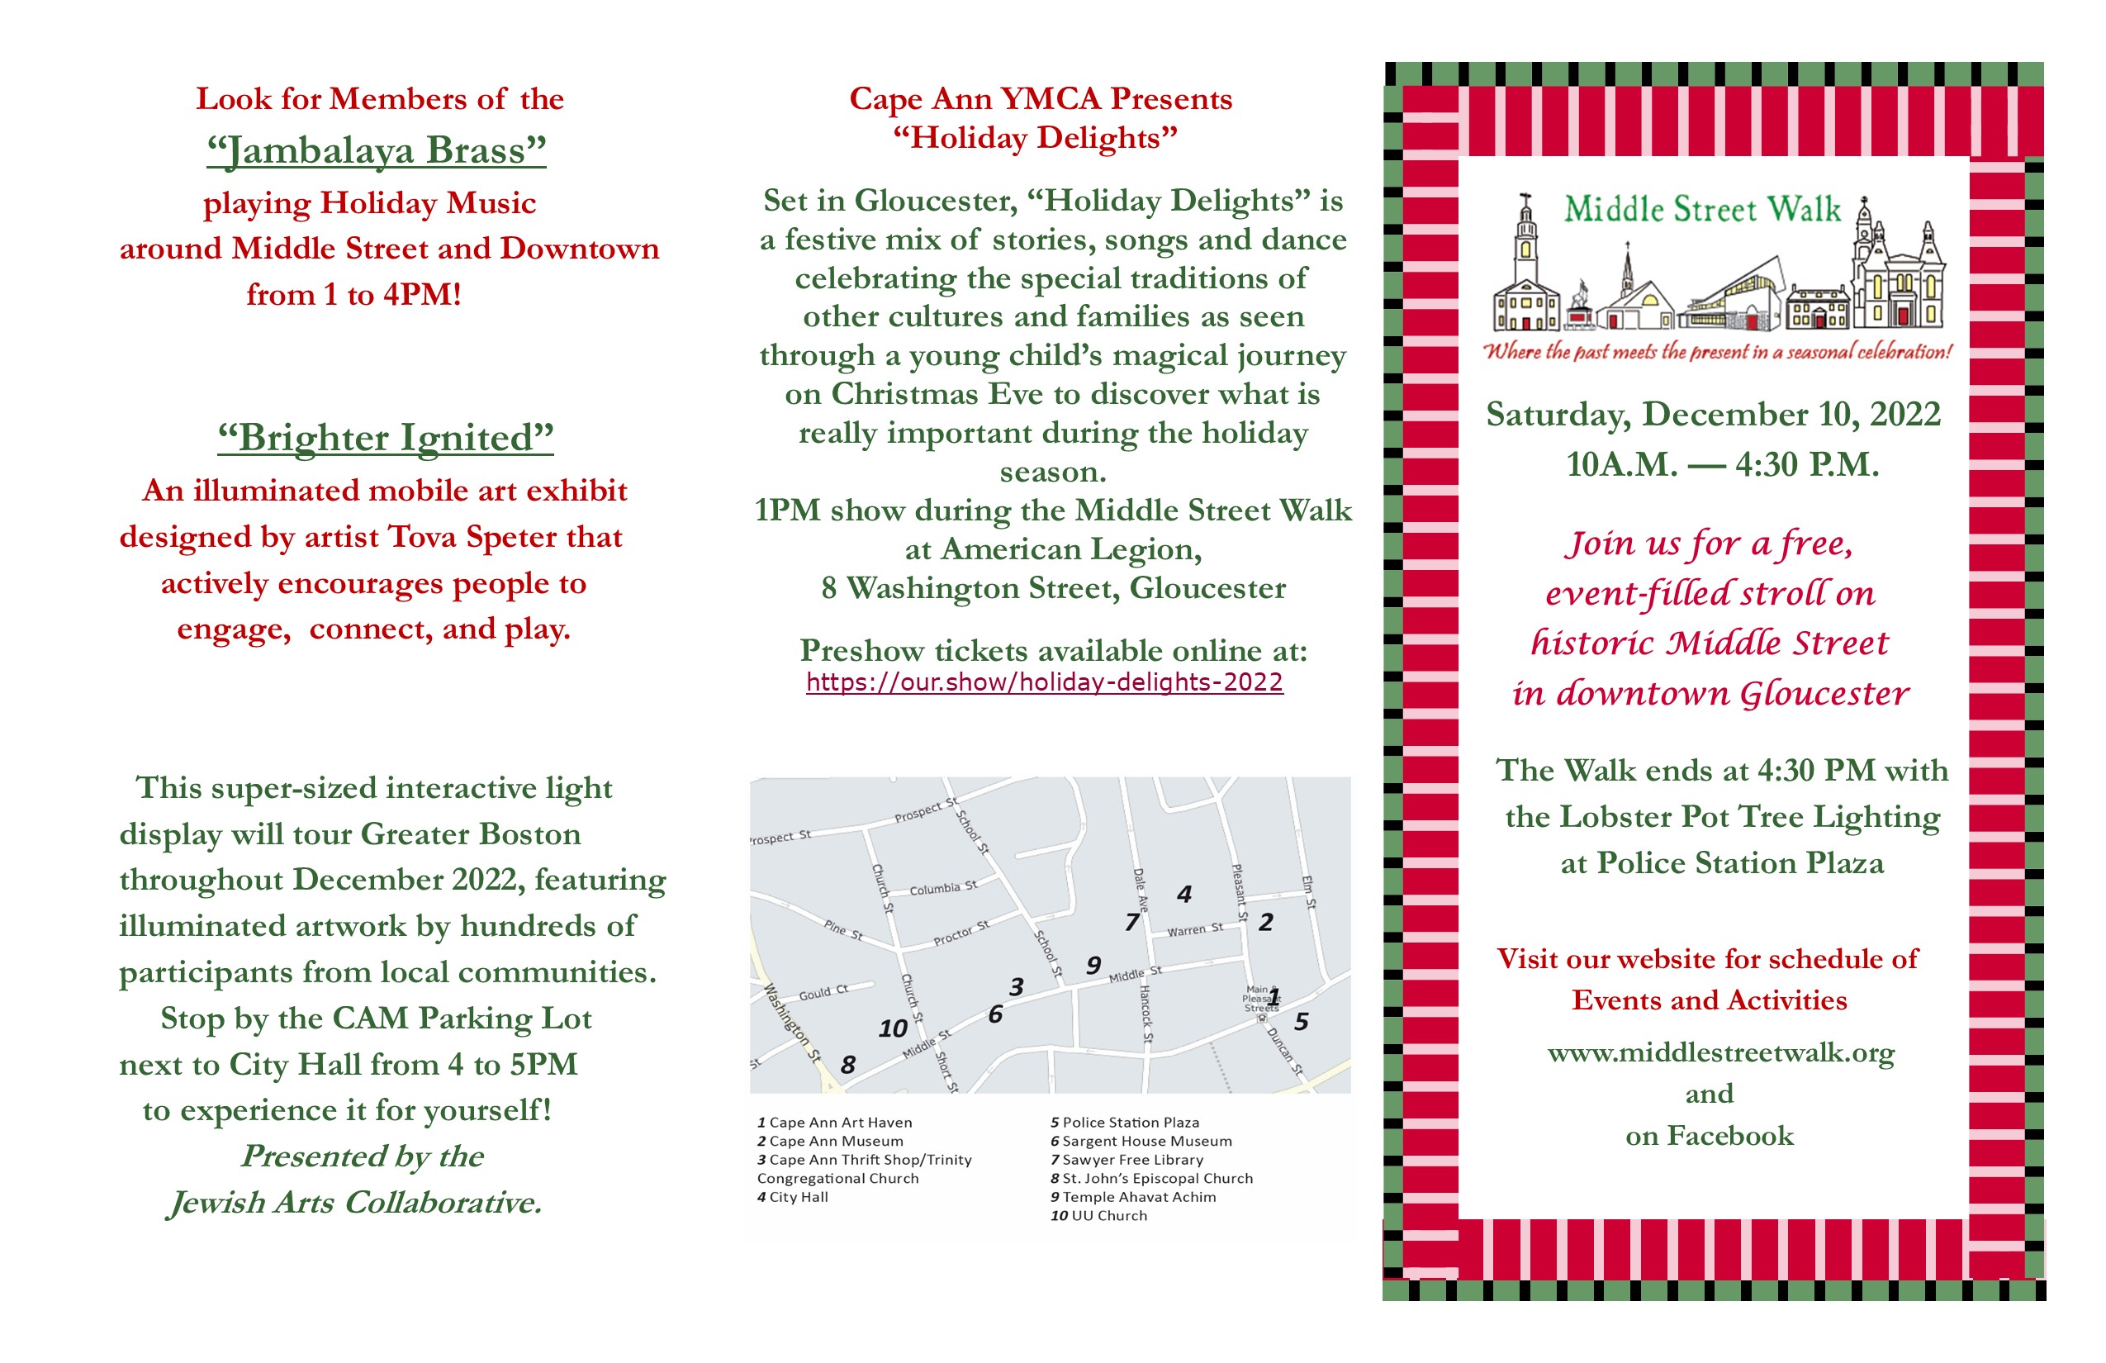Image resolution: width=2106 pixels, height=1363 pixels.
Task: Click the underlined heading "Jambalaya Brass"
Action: click(x=376, y=150)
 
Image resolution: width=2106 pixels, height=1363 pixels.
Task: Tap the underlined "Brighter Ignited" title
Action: click(x=386, y=437)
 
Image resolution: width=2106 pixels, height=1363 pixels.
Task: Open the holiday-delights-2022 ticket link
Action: click(x=1044, y=682)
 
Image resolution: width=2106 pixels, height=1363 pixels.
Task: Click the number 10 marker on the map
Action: click(x=892, y=1028)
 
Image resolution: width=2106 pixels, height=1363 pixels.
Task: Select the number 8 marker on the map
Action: click(x=847, y=1065)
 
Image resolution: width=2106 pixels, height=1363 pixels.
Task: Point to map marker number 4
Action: click(x=1184, y=895)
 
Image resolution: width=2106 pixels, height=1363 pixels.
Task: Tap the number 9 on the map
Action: click(x=1093, y=966)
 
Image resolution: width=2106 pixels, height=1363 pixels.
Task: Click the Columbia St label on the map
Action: click(x=943, y=888)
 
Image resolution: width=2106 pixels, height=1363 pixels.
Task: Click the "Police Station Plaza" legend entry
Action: click(x=1125, y=1123)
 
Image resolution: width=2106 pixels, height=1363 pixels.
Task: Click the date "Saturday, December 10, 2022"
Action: click(x=1713, y=415)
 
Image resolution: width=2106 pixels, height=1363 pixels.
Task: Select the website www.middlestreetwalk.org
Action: click(x=1720, y=1053)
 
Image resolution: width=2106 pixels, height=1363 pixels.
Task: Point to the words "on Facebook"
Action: click(x=1710, y=1136)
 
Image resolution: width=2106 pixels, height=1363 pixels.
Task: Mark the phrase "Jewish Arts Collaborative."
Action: click(x=355, y=1203)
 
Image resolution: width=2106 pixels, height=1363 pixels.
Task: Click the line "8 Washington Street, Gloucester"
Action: click(x=1053, y=588)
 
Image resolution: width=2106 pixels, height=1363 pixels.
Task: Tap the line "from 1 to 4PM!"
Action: click(x=354, y=295)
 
